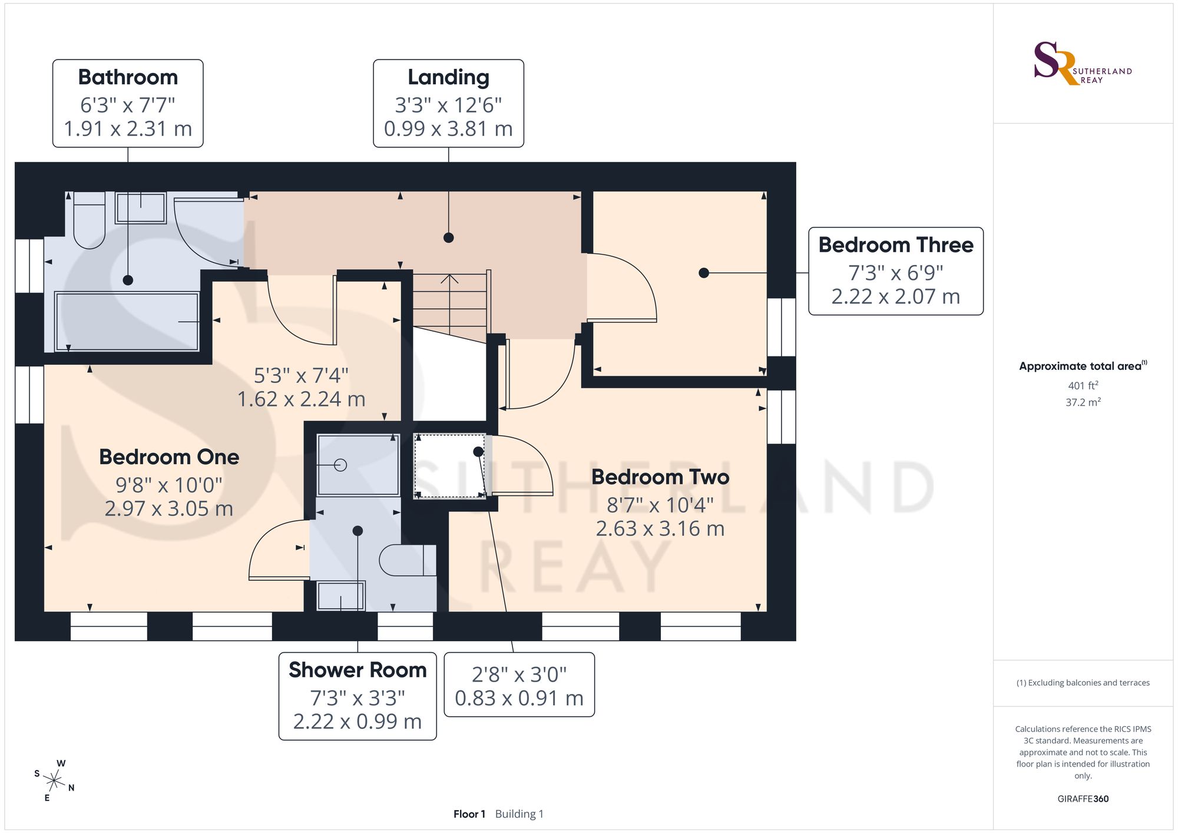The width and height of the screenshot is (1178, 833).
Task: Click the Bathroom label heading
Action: coord(128,77)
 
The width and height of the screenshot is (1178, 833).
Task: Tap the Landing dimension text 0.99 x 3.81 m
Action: coord(448,128)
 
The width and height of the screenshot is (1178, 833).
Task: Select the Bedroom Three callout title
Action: coord(896,244)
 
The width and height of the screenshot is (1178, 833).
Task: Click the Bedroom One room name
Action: coord(169,457)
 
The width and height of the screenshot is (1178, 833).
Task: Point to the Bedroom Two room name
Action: coord(660,477)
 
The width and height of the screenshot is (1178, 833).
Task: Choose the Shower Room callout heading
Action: coord(358,670)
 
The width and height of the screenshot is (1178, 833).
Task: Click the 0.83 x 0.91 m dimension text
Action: coord(519,698)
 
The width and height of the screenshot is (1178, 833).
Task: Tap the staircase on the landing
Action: coord(451,306)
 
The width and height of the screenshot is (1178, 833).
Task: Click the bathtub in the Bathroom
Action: coord(127,322)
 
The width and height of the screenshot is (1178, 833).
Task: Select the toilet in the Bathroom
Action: coord(89,220)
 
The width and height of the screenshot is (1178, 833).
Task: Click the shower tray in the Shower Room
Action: coord(358,465)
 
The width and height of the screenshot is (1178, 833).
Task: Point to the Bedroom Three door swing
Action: coord(622,287)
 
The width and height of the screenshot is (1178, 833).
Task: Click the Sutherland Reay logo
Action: coord(1083,64)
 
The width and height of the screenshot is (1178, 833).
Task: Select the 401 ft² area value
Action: coord(1083,386)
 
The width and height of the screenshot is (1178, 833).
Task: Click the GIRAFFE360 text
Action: coord(1083,799)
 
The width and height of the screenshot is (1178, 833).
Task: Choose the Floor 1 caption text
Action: coord(469,814)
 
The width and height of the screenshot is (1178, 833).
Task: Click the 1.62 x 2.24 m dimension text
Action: coord(301,399)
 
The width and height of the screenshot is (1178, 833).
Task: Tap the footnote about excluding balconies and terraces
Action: coord(1083,683)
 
